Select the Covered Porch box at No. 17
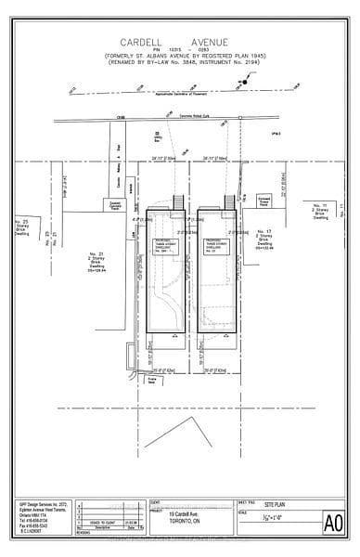(264, 199)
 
